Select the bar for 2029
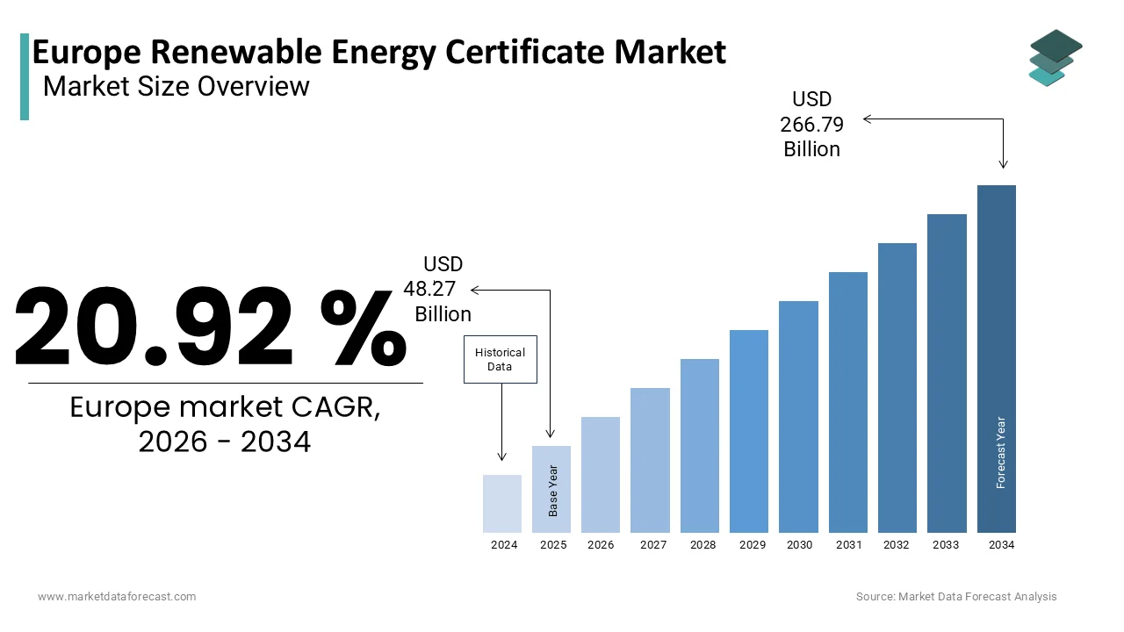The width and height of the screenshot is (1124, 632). tap(748, 431)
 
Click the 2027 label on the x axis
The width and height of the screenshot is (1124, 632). tap(653, 545)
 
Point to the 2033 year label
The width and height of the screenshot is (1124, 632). tap(946, 545)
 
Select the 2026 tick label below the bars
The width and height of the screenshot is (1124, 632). tap(601, 545)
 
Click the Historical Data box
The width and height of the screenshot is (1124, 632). tap(500, 359)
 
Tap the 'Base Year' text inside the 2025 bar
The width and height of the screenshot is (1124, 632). tap(553, 490)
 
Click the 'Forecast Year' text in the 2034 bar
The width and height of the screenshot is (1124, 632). tap(1000, 452)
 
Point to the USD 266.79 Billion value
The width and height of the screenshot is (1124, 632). tap(811, 125)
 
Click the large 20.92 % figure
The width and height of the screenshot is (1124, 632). tap(211, 327)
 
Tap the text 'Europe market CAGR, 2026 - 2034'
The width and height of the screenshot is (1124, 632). tap(225, 424)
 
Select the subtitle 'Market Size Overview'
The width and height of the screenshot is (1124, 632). tap(176, 86)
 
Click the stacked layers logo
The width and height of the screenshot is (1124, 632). tap(1055, 58)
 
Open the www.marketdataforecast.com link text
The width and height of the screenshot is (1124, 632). tap(117, 597)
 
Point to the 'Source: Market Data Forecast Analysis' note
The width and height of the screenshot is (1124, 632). tap(956, 597)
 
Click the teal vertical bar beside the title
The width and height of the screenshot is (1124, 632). tap(25, 76)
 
